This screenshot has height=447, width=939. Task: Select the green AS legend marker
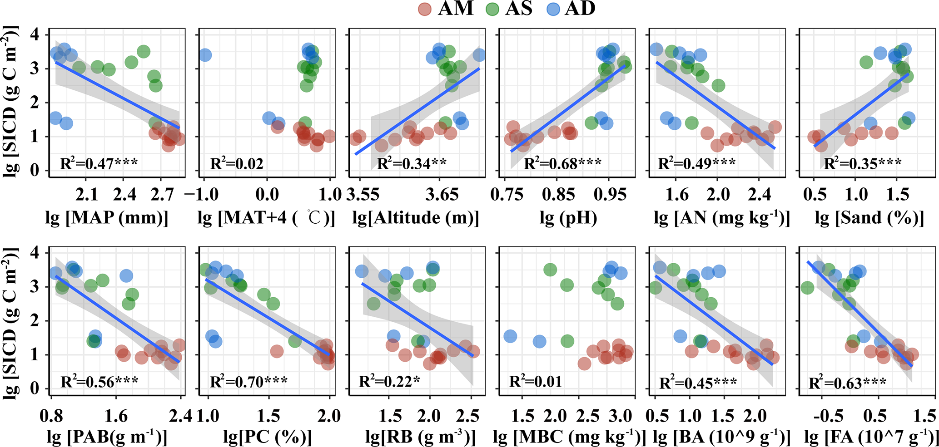493,9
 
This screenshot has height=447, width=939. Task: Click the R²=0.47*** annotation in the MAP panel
99,163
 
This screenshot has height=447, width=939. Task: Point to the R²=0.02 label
237,163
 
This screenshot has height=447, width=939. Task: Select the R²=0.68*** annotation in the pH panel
562,163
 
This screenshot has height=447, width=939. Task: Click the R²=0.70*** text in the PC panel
248,382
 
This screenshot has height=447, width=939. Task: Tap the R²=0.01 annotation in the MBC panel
536,382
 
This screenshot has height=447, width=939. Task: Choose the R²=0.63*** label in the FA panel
847,383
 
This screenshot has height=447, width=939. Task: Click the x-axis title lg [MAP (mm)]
107,218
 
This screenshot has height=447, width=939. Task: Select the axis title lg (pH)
568,218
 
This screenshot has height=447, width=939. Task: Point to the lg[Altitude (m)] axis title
416,218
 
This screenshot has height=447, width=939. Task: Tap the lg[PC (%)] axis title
268,437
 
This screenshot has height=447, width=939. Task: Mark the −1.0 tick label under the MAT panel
201,195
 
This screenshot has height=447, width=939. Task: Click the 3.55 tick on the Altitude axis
363,195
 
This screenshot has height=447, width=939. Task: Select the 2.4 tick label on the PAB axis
181,415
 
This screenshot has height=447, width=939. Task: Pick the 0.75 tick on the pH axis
507,195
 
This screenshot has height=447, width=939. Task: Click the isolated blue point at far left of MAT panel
204,55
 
